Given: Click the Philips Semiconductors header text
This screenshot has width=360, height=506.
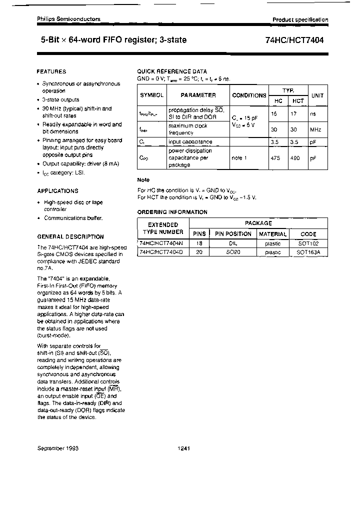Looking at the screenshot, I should pos(68,19).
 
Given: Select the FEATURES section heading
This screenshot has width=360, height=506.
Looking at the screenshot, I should pos(51,71).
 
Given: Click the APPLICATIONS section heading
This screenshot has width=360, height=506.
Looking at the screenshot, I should pos(57,191).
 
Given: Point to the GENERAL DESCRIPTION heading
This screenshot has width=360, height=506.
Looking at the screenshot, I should pos(70,237).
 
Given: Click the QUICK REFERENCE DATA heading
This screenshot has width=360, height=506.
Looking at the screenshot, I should pos(172,71).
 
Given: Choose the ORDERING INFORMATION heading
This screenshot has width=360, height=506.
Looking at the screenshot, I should pos(172,212).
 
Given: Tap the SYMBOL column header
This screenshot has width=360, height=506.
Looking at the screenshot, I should pos(151,95).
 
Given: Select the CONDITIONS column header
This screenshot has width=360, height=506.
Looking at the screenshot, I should pos(249,95).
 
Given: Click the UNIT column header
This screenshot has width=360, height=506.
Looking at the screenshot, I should pos(317,95).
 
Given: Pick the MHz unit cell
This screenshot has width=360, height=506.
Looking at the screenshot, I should pos(315,129).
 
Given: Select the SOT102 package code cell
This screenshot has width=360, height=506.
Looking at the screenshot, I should pos(308,243).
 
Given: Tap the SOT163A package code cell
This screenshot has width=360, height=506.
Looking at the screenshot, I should pos(308,252).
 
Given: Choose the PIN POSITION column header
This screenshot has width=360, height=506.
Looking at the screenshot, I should pos(233,234).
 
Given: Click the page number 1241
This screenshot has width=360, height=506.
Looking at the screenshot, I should pos(183,448).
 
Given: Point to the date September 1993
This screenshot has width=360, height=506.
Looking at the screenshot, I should pos(58,448).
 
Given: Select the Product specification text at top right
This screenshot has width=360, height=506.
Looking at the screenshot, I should pos(300,20).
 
